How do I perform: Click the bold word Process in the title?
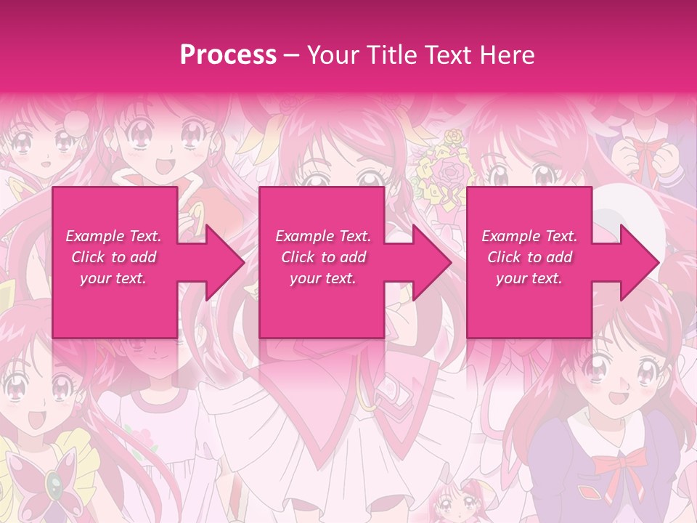coord(228,55)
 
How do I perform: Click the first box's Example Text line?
coord(113,236)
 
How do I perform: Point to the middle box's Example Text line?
coord(323,236)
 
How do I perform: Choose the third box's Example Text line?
coord(529,236)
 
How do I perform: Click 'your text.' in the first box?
coord(113,278)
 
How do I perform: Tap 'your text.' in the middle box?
coord(323,278)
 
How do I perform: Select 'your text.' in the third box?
coord(529,278)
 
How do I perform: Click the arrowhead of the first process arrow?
coord(225,262)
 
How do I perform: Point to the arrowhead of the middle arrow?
coord(432,262)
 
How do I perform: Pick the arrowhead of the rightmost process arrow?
coord(639,262)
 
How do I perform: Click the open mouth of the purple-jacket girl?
coord(617,398)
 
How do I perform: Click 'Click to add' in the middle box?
coord(323,257)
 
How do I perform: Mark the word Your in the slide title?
coord(330,55)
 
